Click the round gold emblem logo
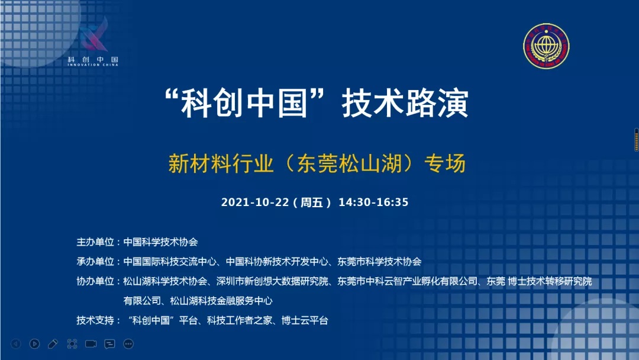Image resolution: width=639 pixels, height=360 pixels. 546,46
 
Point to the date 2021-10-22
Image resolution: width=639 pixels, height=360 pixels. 255,202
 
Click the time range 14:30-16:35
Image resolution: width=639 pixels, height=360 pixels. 373,202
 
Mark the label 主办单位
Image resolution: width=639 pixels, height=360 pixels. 95,242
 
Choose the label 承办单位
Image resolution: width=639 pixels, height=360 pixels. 95,262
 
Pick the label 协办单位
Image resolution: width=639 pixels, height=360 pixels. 95,281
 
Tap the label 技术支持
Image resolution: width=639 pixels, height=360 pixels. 95,320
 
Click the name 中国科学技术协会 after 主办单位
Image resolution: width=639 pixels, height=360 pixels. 160,242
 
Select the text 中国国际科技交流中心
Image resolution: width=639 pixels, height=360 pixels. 170,262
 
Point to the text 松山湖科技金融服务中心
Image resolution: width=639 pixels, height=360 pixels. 221,301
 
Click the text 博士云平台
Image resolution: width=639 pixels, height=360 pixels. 305,320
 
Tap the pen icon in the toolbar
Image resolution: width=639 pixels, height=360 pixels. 53,344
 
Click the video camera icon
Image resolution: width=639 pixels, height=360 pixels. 91,343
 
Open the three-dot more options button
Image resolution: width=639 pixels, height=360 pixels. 128,344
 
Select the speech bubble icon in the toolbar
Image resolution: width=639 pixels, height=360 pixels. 109,344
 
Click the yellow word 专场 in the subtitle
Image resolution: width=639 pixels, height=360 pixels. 444,163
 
